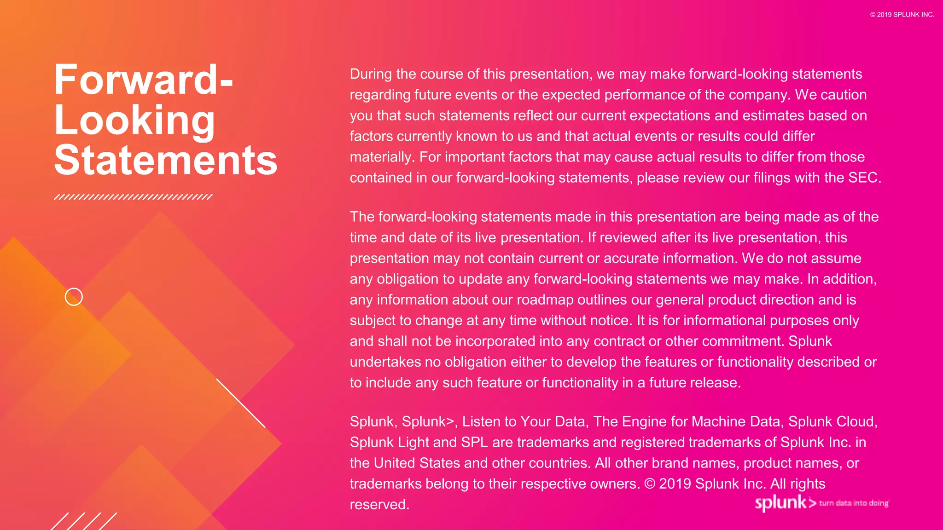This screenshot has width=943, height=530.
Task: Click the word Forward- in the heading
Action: [x=143, y=80]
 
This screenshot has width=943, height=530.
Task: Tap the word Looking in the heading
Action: [x=134, y=121]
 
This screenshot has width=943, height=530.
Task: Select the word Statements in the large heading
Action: [x=166, y=161]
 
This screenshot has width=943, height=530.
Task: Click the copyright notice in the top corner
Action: [x=902, y=15]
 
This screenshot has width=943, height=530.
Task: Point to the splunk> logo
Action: [x=785, y=503]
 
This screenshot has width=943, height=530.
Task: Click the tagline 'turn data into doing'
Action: [x=854, y=503]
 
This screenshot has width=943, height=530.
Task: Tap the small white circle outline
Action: [x=74, y=297]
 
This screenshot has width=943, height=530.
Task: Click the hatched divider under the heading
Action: [x=133, y=197]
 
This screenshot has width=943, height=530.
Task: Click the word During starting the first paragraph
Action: [x=371, y=74]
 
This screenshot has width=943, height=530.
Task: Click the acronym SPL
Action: [x=474, y=443]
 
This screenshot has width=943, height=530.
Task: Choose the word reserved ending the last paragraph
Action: [x=379, y=505]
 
